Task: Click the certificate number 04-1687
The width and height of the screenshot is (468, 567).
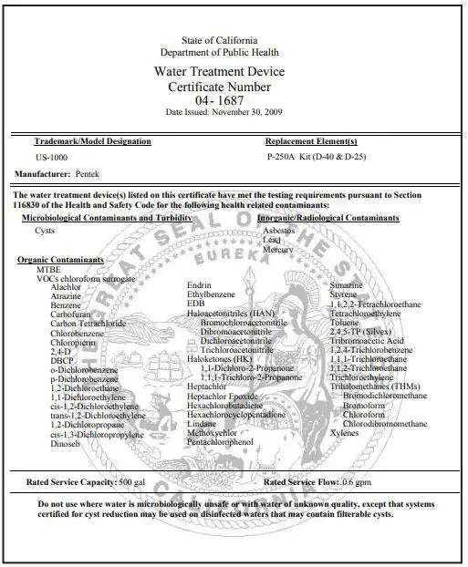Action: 233,100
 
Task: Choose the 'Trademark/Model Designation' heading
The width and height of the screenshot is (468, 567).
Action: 92,141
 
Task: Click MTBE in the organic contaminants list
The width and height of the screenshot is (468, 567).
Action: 48,270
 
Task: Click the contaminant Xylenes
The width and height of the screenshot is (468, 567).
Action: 344,433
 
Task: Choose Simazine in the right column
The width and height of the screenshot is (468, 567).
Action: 346,285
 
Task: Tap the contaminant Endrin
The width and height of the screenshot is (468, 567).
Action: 199,285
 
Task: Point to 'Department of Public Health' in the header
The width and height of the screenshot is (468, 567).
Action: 233,53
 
